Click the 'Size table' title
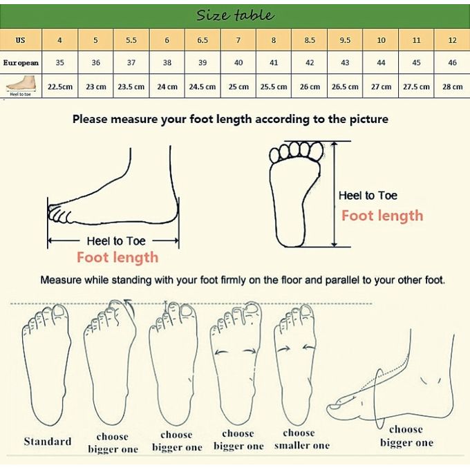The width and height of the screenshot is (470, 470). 235,15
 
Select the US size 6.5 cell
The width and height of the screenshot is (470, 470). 203,40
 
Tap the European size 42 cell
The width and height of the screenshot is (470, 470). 310,63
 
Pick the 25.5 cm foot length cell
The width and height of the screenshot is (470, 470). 274,87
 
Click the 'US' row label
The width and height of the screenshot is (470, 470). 20,40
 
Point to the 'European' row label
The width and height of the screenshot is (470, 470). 21,63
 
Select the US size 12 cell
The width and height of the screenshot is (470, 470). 452,40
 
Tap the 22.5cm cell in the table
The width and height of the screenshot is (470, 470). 60,87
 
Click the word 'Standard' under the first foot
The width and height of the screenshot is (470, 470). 48,441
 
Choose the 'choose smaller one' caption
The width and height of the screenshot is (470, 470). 301,439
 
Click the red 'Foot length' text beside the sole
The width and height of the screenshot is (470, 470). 382,216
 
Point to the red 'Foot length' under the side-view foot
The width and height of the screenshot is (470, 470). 117,258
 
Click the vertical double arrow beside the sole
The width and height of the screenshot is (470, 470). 335,194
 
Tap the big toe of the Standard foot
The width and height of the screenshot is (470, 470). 59,312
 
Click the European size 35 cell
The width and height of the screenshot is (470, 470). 60,63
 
